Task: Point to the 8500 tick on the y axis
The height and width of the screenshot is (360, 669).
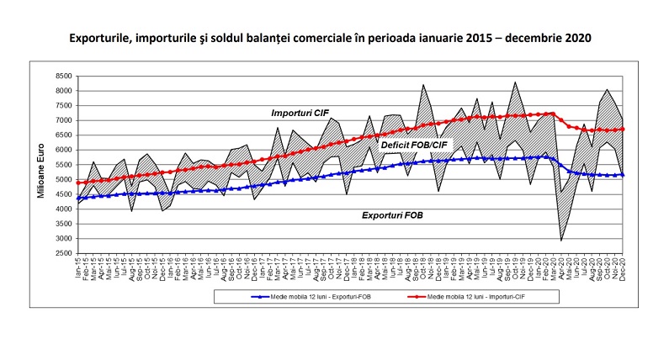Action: (63, 76)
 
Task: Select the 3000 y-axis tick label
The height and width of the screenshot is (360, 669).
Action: (63, 239)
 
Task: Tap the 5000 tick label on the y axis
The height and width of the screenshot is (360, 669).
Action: (63, 180)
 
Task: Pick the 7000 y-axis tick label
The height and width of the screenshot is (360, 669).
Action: (63, 120)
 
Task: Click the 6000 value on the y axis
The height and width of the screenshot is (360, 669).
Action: (63, 150)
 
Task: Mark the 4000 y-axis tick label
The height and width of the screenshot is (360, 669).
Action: (63, 209)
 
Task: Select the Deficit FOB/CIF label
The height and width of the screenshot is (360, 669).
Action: (415, 146)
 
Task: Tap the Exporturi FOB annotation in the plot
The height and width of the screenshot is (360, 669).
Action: (391, 215)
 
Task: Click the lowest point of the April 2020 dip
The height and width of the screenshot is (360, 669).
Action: (562, 241)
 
